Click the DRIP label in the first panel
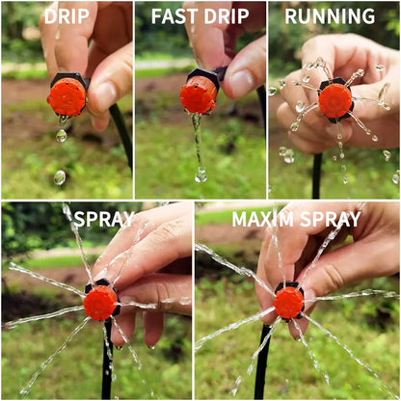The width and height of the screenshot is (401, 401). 67,16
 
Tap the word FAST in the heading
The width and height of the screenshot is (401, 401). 174,16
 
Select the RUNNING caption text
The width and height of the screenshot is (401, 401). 330,16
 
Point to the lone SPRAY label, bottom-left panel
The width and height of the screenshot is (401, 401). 104,219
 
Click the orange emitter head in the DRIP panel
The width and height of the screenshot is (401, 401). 67,96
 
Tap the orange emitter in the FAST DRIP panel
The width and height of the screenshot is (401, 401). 199,95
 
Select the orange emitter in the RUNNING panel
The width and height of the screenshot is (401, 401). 334,100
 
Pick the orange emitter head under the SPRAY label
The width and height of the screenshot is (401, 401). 99,302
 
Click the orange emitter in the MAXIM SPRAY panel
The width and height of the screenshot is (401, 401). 288,302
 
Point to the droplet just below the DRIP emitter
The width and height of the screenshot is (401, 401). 61,136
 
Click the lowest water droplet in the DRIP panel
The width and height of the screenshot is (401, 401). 59,177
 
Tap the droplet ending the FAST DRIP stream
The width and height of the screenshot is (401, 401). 200,174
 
